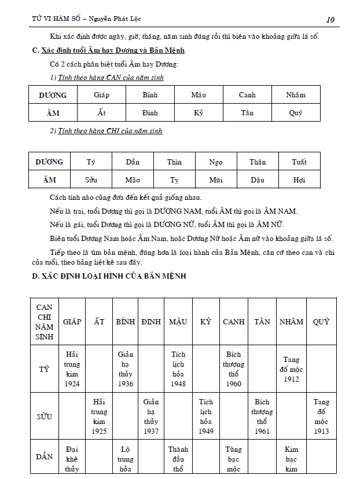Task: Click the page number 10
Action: click(x=330, y=20)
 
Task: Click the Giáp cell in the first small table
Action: click(x=101, y=95)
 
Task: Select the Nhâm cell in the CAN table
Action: click(x=296, y=95)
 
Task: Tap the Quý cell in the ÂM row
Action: click(x=296, y=113)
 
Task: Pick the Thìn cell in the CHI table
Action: click(x=174, y=162)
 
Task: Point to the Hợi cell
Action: click(x=299, y=180)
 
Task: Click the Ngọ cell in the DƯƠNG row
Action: click(x=216, y=162)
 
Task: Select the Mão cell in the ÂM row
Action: click(x=133, y=180)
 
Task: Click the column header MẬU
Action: click(x=178, y=321)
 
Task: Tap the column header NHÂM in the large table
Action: click(x=292, y=321)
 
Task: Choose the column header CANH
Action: click(x=234, y=321)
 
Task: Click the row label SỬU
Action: click(x=44, y=416)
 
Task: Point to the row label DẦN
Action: click(x=44, y=456)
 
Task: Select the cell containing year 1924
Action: click(x=72, y=368)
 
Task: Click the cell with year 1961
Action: click(x=262, y=416)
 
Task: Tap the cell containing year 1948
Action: click(x=178, y=368)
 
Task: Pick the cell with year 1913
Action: click(x=322, y=416)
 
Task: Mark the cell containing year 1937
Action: click(x=150, y=416)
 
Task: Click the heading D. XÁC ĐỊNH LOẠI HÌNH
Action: click(x=109, y=276)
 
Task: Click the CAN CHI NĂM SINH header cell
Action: click(x=44, y=321)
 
